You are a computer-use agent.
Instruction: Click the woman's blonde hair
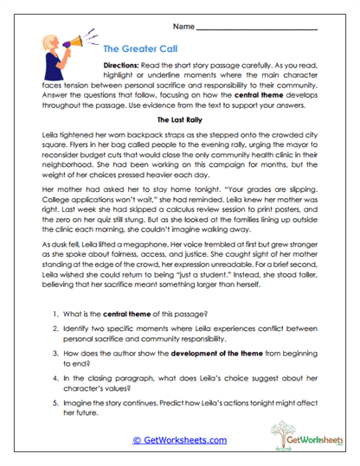(x=50, y=40)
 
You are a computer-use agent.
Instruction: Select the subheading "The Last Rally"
(x=179, y=119)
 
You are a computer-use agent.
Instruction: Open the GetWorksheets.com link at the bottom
(x=179, y=439)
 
